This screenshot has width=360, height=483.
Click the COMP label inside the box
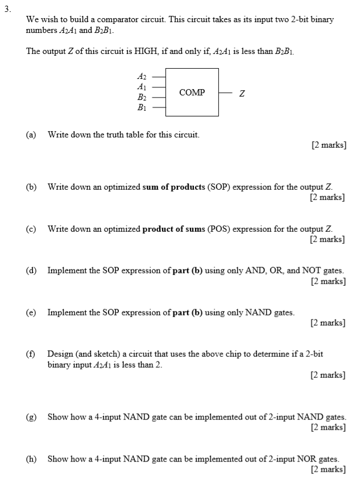(x=192, y=92)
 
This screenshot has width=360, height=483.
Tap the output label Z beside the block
(x=242, y=93)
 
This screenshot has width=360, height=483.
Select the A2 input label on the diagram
(x=142, y=75)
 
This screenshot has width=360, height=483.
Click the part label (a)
(x=31, y=135)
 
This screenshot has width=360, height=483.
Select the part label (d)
(x=31, y=270)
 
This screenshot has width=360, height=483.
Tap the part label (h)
(x=31, y=458)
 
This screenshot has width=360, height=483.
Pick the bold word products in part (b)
(x=176, y=187)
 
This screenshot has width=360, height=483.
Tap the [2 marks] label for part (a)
(x=329, y=145)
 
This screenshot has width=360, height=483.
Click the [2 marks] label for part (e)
(x=328, y=323)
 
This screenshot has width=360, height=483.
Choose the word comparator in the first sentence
(x=101, y=19)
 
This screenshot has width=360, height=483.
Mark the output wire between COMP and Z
(x=226, y=92)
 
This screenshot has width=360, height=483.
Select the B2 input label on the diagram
(x=142, y=97)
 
